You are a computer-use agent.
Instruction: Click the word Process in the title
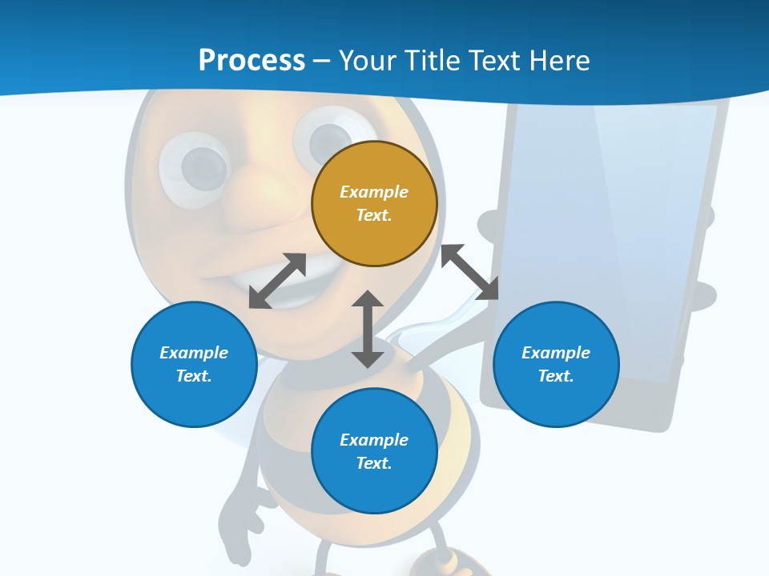pyautogui.click(x=252, y=61)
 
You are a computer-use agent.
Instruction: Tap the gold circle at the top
pyautogui.click(x=374, y=203)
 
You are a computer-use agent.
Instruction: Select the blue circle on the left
pyautogui.click(x=194, y=364)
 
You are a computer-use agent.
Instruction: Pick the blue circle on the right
pyautogui.click(x=556, y=364)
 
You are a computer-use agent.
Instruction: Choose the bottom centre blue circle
pyautogui.click(x=374, y=451)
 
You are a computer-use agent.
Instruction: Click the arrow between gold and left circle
pyautogui.click(x=278, y=281)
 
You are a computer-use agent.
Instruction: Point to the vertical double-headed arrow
pyautogui.click(x=368, y=329)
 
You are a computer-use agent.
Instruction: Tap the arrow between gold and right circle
pyautogui.click(x=470, y=272)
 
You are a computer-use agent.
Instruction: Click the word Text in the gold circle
pyautogui.click(x=374, y=215)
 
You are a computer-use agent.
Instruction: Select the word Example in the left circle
pyautogui.click(x=194, y=353)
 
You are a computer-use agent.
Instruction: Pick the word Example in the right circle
pyautogui.click(x=556, y=353)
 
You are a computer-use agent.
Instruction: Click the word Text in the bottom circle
pyautogui.click(x=374, y=463)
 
